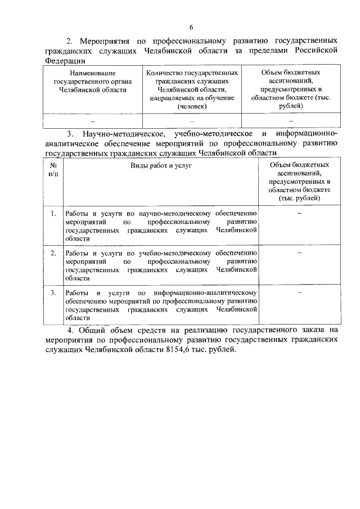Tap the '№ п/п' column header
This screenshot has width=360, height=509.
pos(54,170)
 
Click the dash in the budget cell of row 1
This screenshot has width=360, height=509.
pos(299,214)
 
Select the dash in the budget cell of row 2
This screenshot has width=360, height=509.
pos(299,253)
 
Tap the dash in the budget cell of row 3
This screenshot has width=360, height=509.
pos(299,292)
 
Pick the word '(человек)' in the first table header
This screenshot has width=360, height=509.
pos(192,106)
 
